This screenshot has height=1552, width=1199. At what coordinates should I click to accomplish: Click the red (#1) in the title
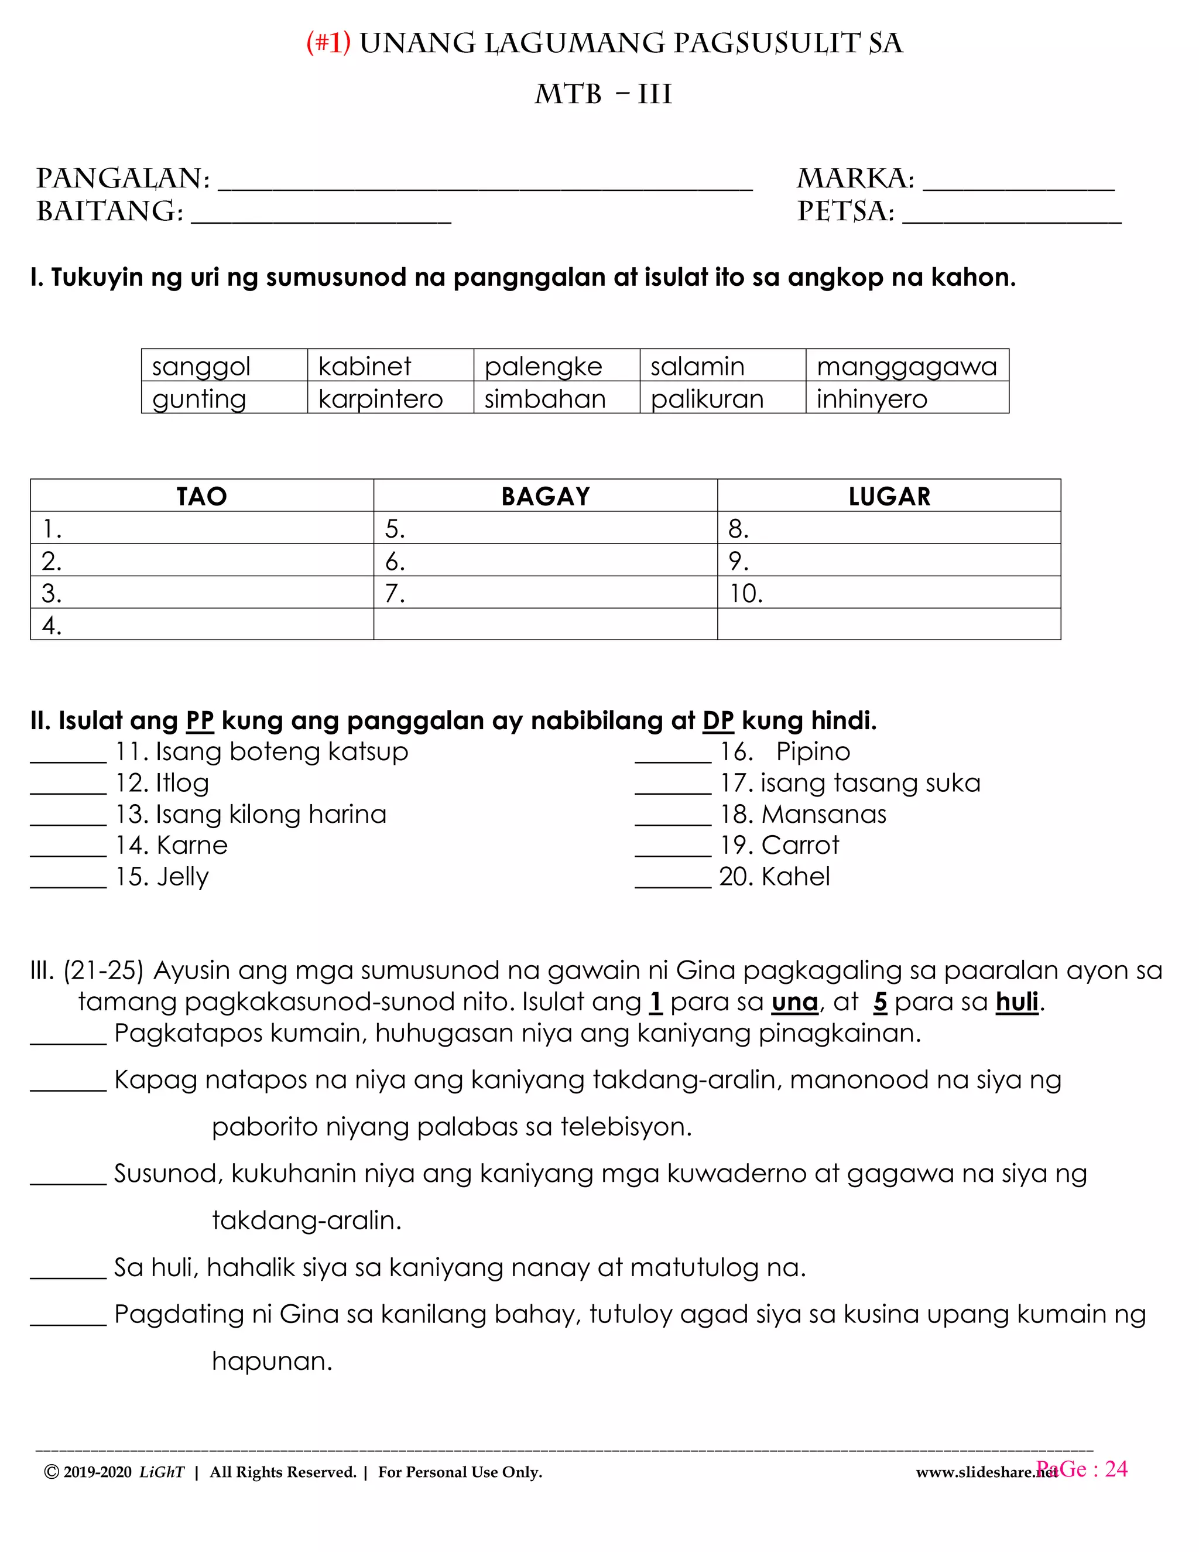(328, 43)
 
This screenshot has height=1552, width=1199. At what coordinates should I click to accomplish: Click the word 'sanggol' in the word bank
(201, 367)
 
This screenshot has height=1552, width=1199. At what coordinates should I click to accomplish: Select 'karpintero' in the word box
(380, 399)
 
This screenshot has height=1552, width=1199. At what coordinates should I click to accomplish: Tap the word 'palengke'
(543, 367)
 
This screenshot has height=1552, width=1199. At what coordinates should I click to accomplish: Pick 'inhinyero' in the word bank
(872, 399)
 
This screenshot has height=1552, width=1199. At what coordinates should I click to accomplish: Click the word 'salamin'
(697, 367)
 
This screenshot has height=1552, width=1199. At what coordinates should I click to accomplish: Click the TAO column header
(202, 496)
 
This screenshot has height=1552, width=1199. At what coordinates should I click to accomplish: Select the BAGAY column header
(546, 496)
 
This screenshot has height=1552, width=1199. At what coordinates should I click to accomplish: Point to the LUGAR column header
(889, 496)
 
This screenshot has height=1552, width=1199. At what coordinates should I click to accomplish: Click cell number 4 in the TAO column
(202, 625)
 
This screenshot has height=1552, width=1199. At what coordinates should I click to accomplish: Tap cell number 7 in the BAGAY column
(546, 593)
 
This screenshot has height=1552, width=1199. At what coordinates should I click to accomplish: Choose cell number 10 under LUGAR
(889, 593)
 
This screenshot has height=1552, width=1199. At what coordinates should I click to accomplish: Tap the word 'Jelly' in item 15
(183, 877)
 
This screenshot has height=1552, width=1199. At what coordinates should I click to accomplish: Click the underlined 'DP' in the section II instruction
(718, 722)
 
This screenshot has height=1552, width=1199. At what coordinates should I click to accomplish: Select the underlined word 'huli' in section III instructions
(1017, 1002)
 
